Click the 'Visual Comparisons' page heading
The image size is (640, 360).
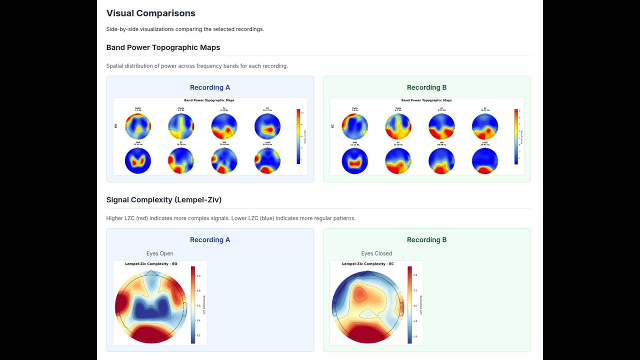click(x=150, y=13)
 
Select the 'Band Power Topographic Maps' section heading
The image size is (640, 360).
click(x=163, y=47)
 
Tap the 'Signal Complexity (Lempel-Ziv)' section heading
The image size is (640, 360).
click(x=163, y=200)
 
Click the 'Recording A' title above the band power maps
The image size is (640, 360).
click(x=210, y=87)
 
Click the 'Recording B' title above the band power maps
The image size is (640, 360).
click(x=426, y=87)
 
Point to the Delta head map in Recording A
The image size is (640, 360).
click(x=138, y=126)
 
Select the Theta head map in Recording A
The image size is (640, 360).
click(x=181, y=126)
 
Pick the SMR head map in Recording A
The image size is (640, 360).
click(x=138, y=161)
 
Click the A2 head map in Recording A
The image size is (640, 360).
click(x=267, y=126)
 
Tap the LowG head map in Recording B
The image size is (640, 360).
click(x=485, y=161)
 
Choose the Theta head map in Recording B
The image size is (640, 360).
click(x=398, y=126)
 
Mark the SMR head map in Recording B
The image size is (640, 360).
click(x=354, y=161)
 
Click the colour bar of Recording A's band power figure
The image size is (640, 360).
click(x=298, y=136)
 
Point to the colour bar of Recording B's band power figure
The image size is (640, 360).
click(x=516, y=136)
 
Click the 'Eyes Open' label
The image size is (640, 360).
click(x=159, y=253)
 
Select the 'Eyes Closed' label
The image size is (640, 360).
click(x=376, y=253)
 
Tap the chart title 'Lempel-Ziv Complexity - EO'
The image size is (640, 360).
click(x=151, y=264)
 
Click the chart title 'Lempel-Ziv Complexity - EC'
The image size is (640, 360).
click(x=367, y=264)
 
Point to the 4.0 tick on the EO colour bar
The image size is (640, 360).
click(x=198, y=275)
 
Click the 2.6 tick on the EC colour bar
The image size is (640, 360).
click(x=415, y=336)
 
